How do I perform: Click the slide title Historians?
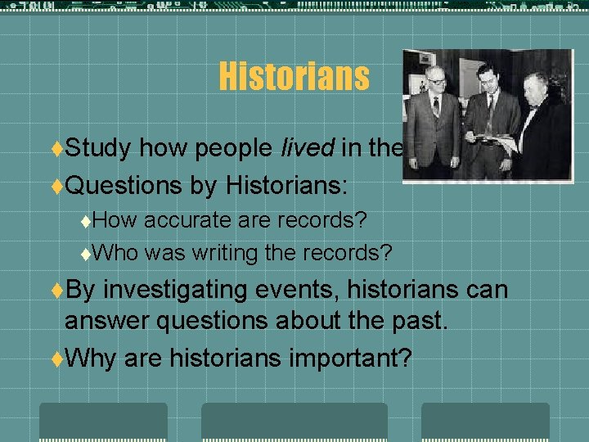294,78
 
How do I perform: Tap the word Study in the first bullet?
98,148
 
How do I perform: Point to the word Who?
119,253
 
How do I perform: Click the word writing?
226,253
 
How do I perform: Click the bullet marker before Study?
56,149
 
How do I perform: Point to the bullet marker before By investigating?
56,290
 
